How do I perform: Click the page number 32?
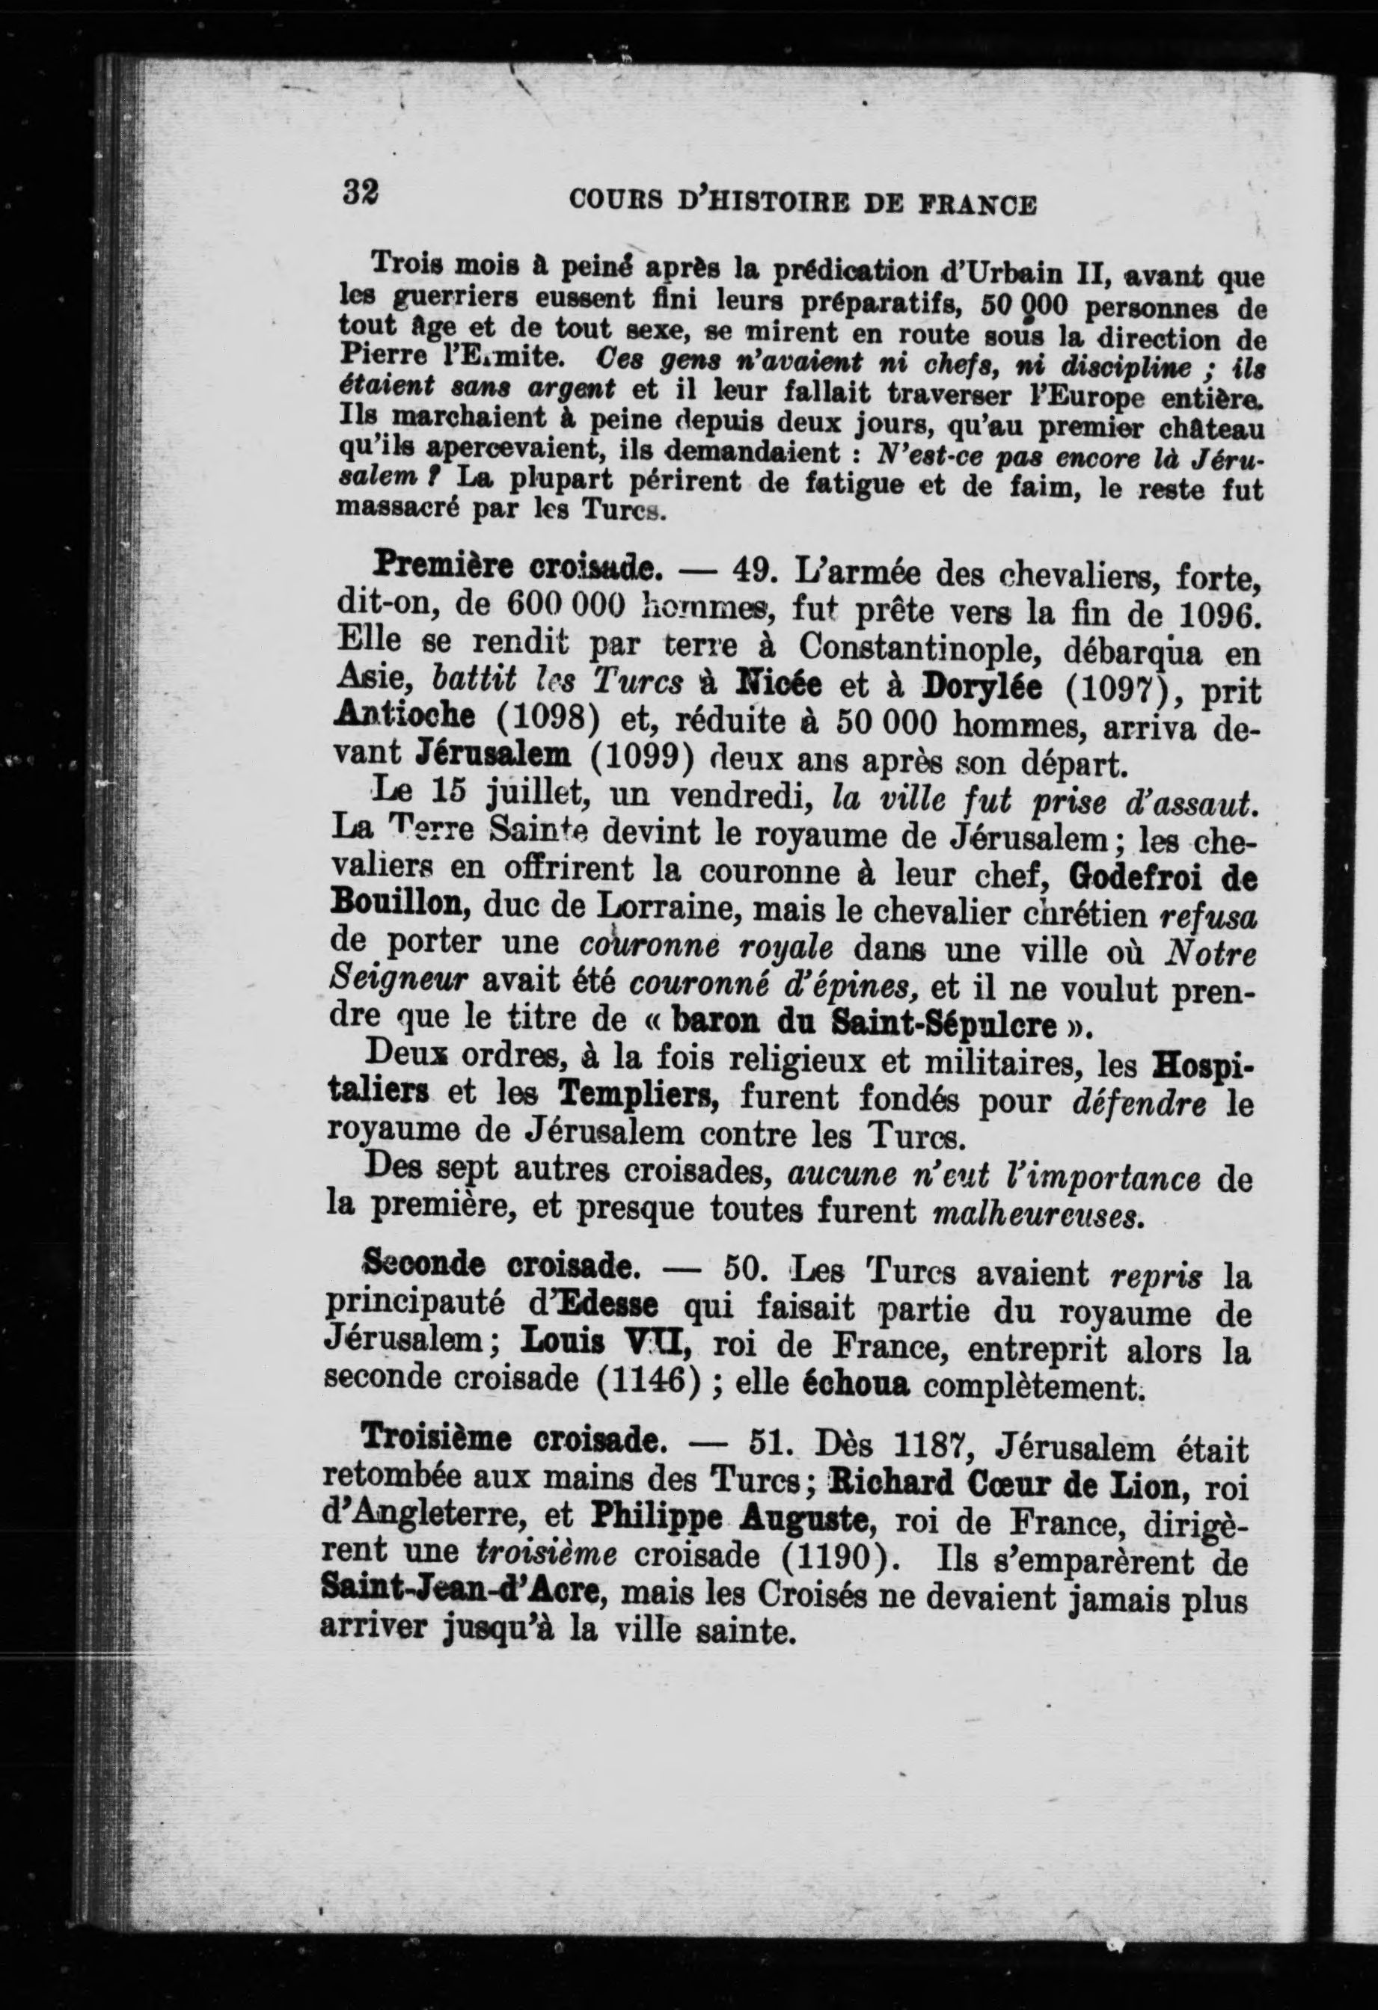tap(361, 190)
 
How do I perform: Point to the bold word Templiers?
tap(640, 1098)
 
